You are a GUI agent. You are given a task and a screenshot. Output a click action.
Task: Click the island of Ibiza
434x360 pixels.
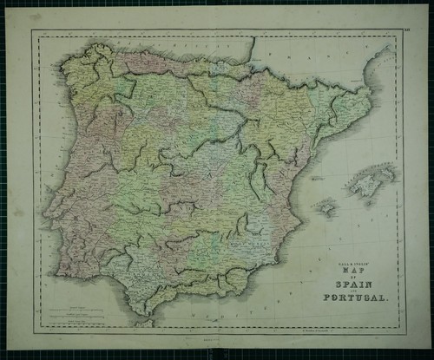coord(326,207)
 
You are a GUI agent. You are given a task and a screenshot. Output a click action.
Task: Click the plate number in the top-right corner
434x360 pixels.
coord(407,34)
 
